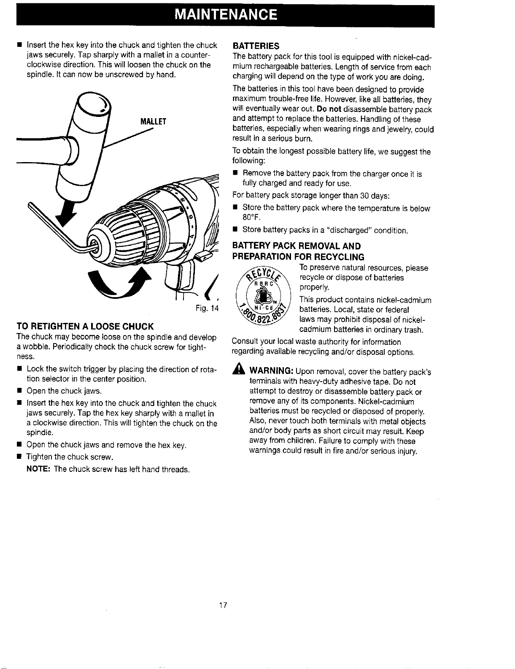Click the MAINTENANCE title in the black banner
(x=226, y=14)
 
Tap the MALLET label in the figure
(x=153, y=122)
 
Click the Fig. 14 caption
(x=207, y=308)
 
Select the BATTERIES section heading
(x=256, y=46)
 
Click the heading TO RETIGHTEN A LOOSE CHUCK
(x=85, y=326)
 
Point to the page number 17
(x=223, y=605)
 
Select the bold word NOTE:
(x=38, y=469)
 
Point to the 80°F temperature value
(x=251, y=217)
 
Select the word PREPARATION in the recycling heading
(x=262, y=257)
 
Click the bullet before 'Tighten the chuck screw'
(x=19, y=457)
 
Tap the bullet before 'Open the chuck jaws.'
(x=19, y=391)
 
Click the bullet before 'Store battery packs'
(x=235, y=229)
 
